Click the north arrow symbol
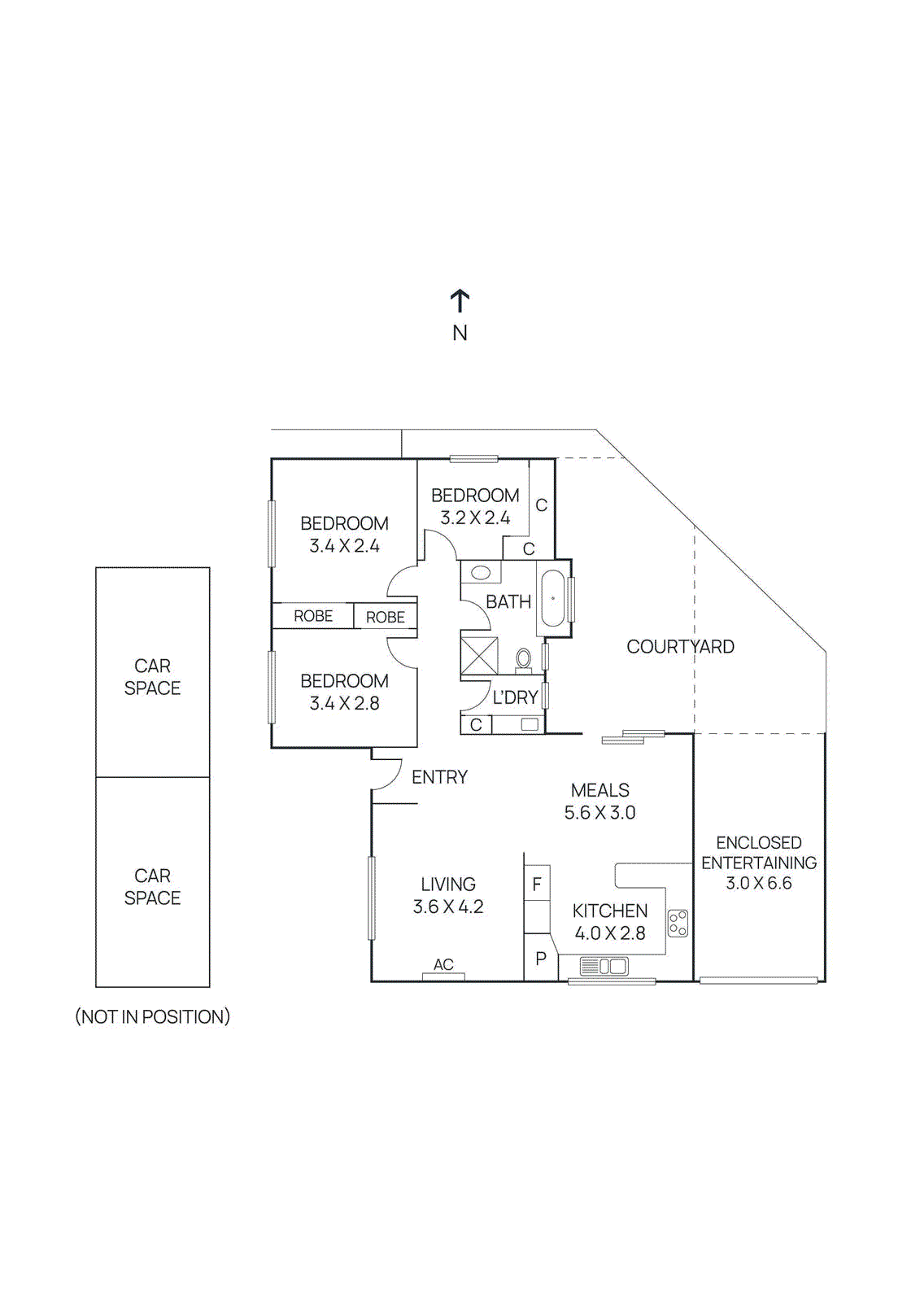460,301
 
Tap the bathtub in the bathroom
553,598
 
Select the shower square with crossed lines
479,656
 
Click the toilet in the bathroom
524,659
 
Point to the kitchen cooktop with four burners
678,923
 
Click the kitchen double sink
604,967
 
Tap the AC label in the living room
443,964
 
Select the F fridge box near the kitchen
537,885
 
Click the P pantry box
540,959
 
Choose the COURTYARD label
680,647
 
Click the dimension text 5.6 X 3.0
600,812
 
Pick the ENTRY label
439,777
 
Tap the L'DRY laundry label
515,697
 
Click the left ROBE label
313,616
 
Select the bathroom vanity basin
480,573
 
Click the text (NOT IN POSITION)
152,1016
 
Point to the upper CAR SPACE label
152,677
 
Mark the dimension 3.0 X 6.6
758,883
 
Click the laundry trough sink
530,723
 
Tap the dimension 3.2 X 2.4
475,518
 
